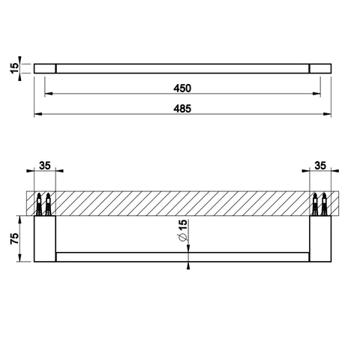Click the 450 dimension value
click(x=182, y=88)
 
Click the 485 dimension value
click(x=182, y=109)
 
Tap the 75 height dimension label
click(x=14, y=238)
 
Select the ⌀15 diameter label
click(x=183, y=230)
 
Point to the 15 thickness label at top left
click(x=14, y=68)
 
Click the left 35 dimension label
click(x=45, y=166)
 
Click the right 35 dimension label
click(x=320, y=166)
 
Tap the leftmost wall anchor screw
click(x=39, y=204)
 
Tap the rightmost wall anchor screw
click(x=324, y=204)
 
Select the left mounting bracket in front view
click(x=45, y=238)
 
